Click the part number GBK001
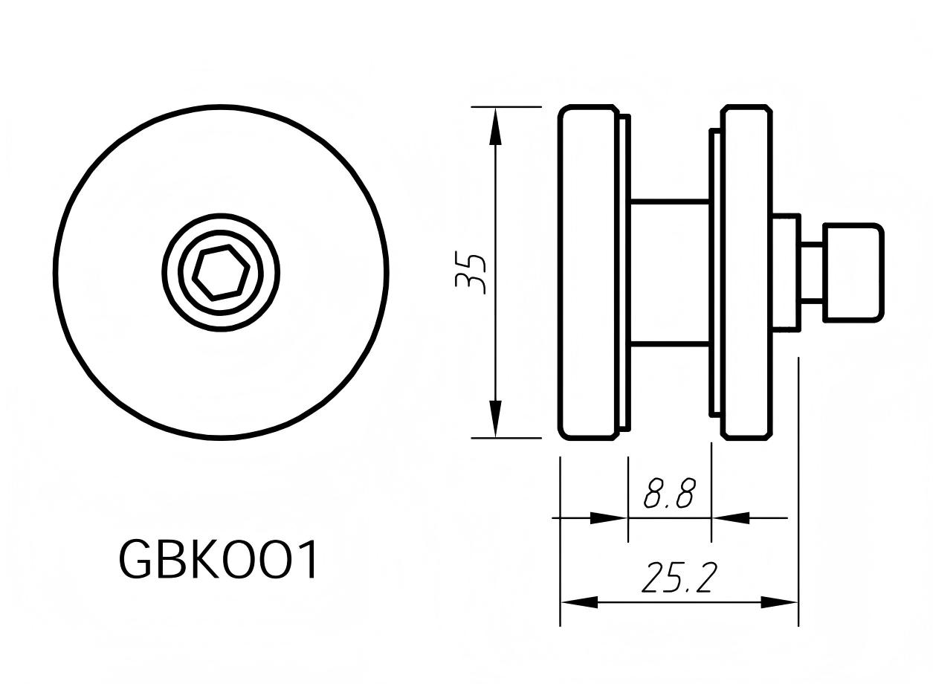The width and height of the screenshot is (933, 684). point(219,559)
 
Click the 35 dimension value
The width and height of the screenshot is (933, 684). point(471,273)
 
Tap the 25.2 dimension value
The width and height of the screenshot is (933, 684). point(679,578)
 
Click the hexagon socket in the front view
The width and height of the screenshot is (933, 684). point(221,272)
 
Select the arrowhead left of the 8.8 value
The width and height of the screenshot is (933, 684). point(608,517)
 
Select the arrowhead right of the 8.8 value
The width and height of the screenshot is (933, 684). point(732,517)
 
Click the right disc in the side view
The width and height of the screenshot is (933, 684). point(746,273)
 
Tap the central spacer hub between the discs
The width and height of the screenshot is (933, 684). point(669,273)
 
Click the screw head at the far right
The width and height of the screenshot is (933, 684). point(853,273)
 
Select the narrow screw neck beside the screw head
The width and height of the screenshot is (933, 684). point(811,273)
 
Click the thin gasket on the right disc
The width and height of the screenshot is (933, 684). point(714,273)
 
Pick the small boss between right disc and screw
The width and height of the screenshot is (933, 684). point(786,273)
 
